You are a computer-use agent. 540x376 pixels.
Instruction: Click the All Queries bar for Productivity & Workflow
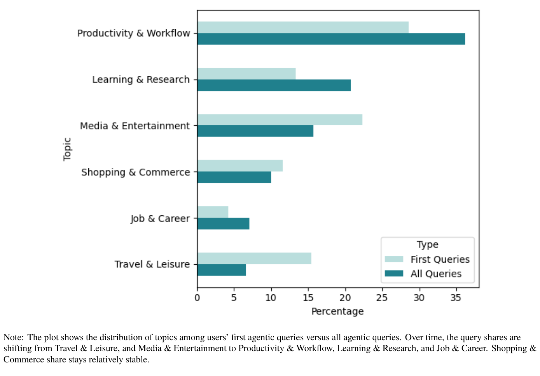click(331, 39)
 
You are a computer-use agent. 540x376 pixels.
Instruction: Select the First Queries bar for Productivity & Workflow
click(303, 27)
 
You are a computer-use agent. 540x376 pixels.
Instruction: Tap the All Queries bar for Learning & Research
click(274, 85)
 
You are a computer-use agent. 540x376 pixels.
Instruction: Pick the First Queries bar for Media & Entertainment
click(280, 120)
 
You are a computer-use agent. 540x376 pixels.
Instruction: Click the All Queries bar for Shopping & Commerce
click(234, 177)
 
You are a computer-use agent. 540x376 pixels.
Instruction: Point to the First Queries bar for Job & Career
click(213, 212)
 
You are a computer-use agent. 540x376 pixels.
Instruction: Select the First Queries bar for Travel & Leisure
click(254, 258)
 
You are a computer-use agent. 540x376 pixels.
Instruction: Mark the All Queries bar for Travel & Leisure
click(221, 270)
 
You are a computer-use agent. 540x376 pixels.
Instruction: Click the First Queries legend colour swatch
click(394, 259)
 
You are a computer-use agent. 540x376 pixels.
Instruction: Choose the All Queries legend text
click(436, 274)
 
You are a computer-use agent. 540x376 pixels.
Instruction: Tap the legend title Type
click(427, 244)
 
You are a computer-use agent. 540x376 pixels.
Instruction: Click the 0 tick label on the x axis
click(197, 298)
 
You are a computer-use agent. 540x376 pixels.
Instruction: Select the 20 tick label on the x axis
click(345, 298)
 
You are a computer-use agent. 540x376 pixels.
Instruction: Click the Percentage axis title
click(337, 311)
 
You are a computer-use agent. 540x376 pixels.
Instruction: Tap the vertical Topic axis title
click(67, 149)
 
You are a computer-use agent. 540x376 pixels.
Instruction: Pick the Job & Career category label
click(160, 219)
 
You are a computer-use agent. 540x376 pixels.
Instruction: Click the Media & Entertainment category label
click(135, 126)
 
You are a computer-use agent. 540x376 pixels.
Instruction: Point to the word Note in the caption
click(13, 337)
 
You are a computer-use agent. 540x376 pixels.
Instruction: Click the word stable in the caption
click(136, 359)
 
